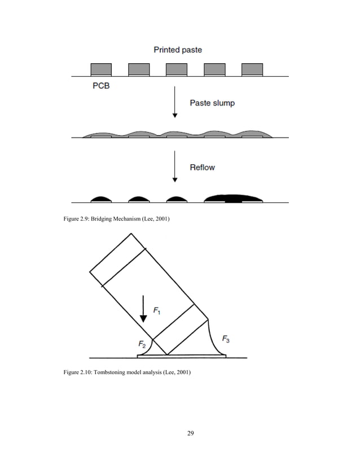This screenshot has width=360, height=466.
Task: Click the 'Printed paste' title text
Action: pyautogui.click(x=178, y=50)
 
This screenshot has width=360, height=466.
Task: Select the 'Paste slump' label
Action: pyautogui.click(x=212, y=103)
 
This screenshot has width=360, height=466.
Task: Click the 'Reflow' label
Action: pyautogui.click(x=202, y=167)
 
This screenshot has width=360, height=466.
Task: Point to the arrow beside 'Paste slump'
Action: pyautogui.click(x=175, y=102)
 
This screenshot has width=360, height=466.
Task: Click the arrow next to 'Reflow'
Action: pyautogui.click(x=175, y=166)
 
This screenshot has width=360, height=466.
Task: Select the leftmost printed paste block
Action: pyautogui.click(x=102, y=69)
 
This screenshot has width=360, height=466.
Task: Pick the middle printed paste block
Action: pyautogui.click(x=176, y=69)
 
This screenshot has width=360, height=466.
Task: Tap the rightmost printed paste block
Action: pyautogui.click(x=252, y=69)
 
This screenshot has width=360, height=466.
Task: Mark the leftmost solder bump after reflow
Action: pyautogui.click(x=101, y=199)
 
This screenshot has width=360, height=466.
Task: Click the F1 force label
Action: pyautogui.click(x=159, y=310)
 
